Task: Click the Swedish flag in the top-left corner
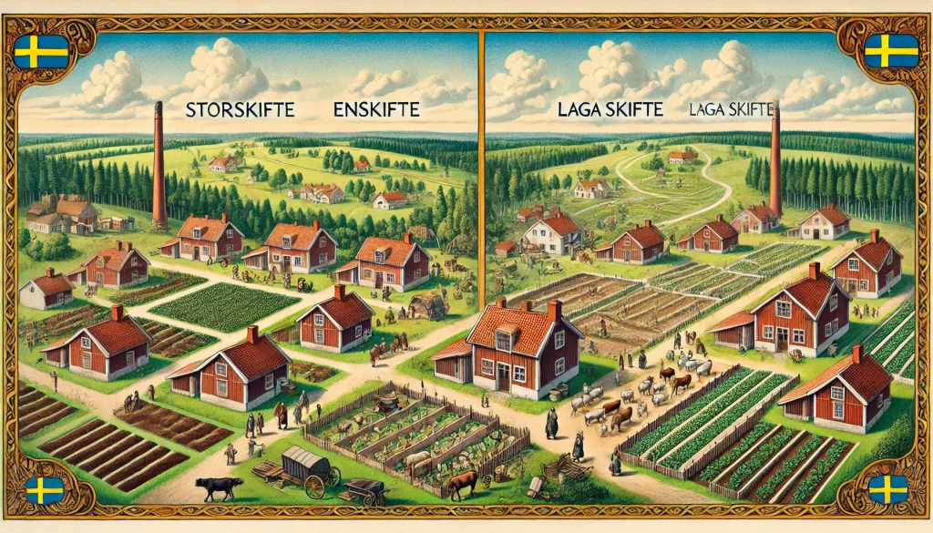(x=41, y=51)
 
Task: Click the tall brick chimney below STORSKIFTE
(x=159, y=164)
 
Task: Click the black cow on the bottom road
(x=219, y=487)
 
